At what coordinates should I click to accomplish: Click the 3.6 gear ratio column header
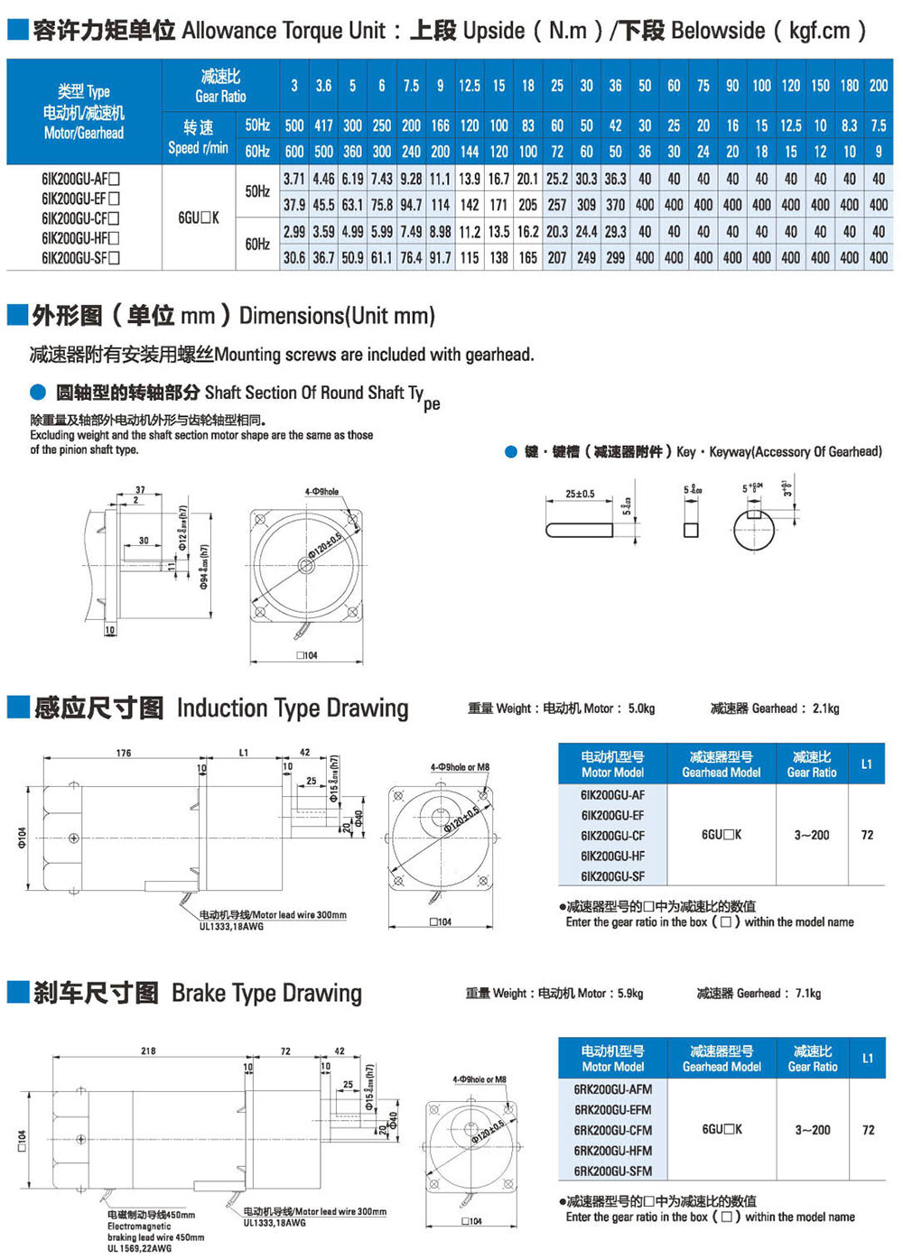pos(323,86)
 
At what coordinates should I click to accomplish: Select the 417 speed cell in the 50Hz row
pos(323,125)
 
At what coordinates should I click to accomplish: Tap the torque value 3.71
pos(294,179)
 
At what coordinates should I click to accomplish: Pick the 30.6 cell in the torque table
pos(294,258)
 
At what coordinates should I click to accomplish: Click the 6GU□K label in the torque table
pos(198,218)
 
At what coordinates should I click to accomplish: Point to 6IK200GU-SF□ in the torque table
pos(80,258)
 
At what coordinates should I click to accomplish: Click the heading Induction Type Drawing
pos(293,708)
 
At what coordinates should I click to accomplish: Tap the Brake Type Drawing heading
pos(266,994)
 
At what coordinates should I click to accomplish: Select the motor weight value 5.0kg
pos(641,708)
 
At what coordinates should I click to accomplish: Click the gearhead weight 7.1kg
pos(807,994)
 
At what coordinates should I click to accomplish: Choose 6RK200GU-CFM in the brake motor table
pos(613,1130)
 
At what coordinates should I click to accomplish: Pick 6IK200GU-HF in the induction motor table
pos(613,856)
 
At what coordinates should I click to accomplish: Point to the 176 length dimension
pos(124,753)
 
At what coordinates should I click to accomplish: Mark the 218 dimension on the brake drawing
pos(148,1051)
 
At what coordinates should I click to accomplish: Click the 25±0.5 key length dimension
pos(580,494)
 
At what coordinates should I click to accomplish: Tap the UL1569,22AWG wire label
pos(139,1248)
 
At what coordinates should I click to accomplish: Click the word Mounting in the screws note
pos(247,355)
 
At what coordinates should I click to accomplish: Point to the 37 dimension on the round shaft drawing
pos(140,490)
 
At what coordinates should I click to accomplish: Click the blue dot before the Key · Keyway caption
pos(511,452)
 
